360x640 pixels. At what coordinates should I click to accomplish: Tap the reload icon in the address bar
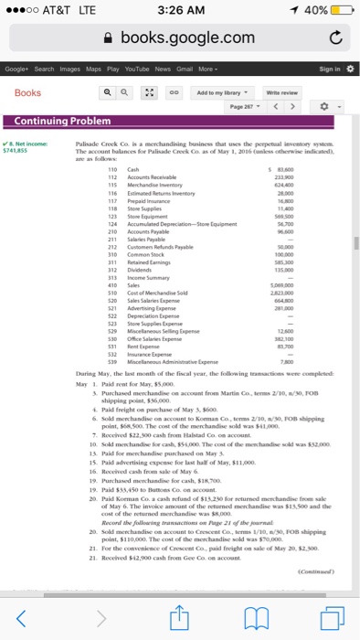tap(334, 37)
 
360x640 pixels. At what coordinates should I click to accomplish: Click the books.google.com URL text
tap(187, 37)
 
